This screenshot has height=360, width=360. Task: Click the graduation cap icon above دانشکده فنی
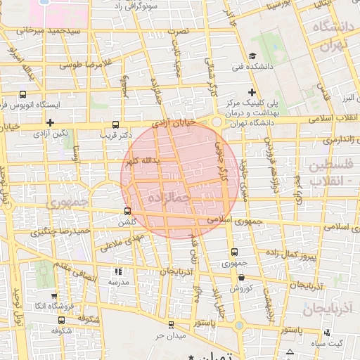(252, 56)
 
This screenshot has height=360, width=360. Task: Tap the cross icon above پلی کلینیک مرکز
(252, 92)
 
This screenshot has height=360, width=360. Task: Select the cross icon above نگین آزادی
(50, 124)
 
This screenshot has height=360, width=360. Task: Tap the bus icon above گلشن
(127, 210)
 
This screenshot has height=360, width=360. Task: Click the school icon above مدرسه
(117, 271)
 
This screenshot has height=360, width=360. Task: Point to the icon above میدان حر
(172, 324)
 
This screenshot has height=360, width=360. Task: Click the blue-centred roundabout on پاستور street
(239, 326)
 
